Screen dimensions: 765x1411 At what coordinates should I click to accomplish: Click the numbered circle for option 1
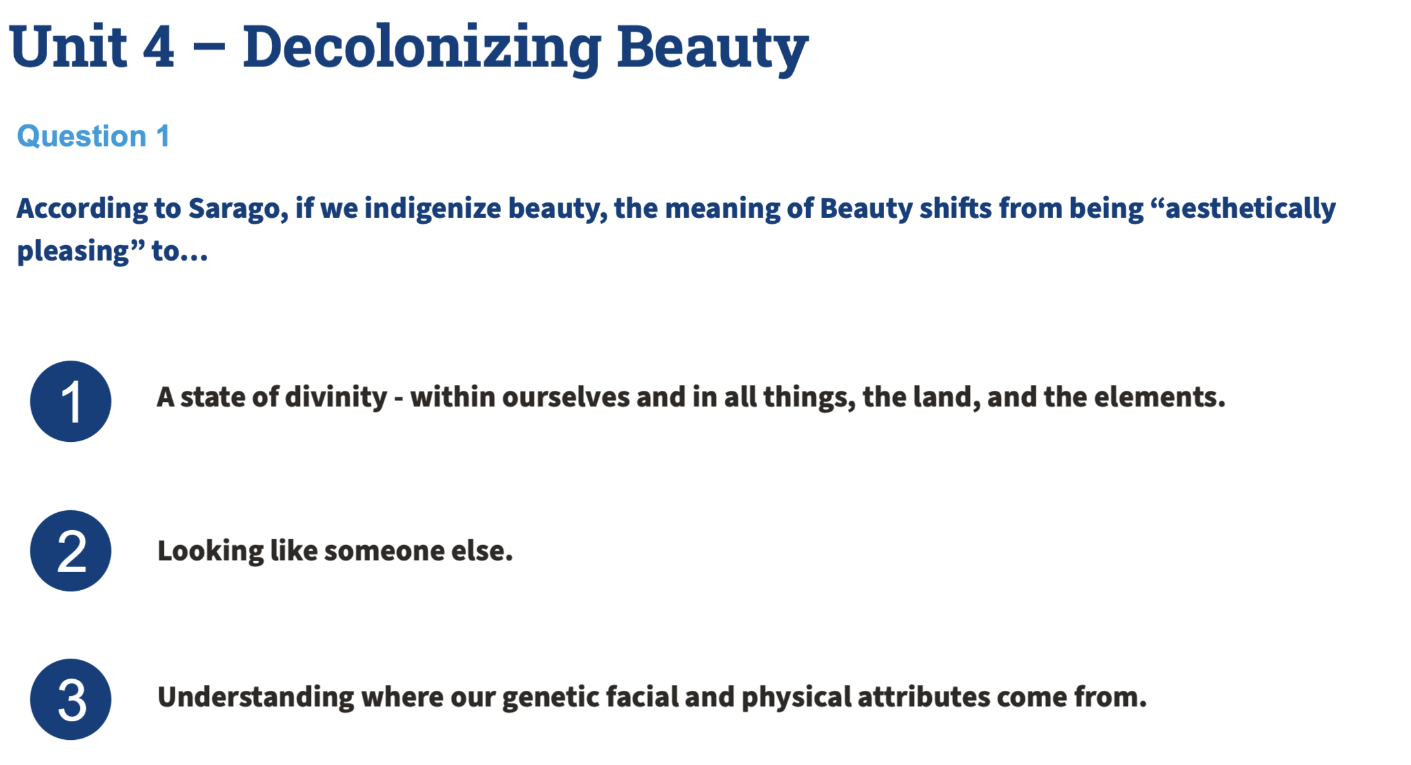[x=70, y=401]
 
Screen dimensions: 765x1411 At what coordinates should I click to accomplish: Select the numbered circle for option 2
[x=70, y=551]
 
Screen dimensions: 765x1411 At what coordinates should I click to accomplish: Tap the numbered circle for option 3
[x=70, y=699]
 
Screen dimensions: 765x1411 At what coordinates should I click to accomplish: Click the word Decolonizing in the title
[x=422, y=46]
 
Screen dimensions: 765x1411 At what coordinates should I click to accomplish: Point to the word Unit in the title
[x=68, y=46]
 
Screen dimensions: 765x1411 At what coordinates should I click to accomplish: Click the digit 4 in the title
[x=159, y=46]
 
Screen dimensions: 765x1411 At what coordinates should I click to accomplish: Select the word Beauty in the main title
[x=713, y=46]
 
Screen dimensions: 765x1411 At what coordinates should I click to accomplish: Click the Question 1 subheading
[x=94, y=136]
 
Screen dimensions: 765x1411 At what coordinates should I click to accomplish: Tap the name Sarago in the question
[x=237, y=208]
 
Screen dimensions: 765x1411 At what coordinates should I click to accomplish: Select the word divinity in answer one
[x=336, y=397]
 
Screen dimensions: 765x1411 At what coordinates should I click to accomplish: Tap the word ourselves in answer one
[x=566, y=397]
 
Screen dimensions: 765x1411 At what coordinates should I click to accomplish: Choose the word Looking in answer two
[x=210, y=551]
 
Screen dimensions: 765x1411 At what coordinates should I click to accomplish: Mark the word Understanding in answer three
[x=256, y=697]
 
